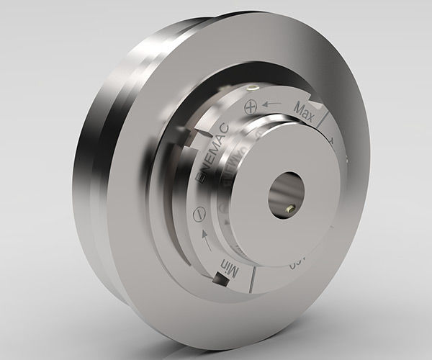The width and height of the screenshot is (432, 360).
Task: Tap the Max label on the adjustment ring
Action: [x=307, y=107]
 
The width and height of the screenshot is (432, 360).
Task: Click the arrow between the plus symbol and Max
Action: [x=271, y=104]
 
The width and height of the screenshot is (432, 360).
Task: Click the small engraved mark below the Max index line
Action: [x=332, y=138]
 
